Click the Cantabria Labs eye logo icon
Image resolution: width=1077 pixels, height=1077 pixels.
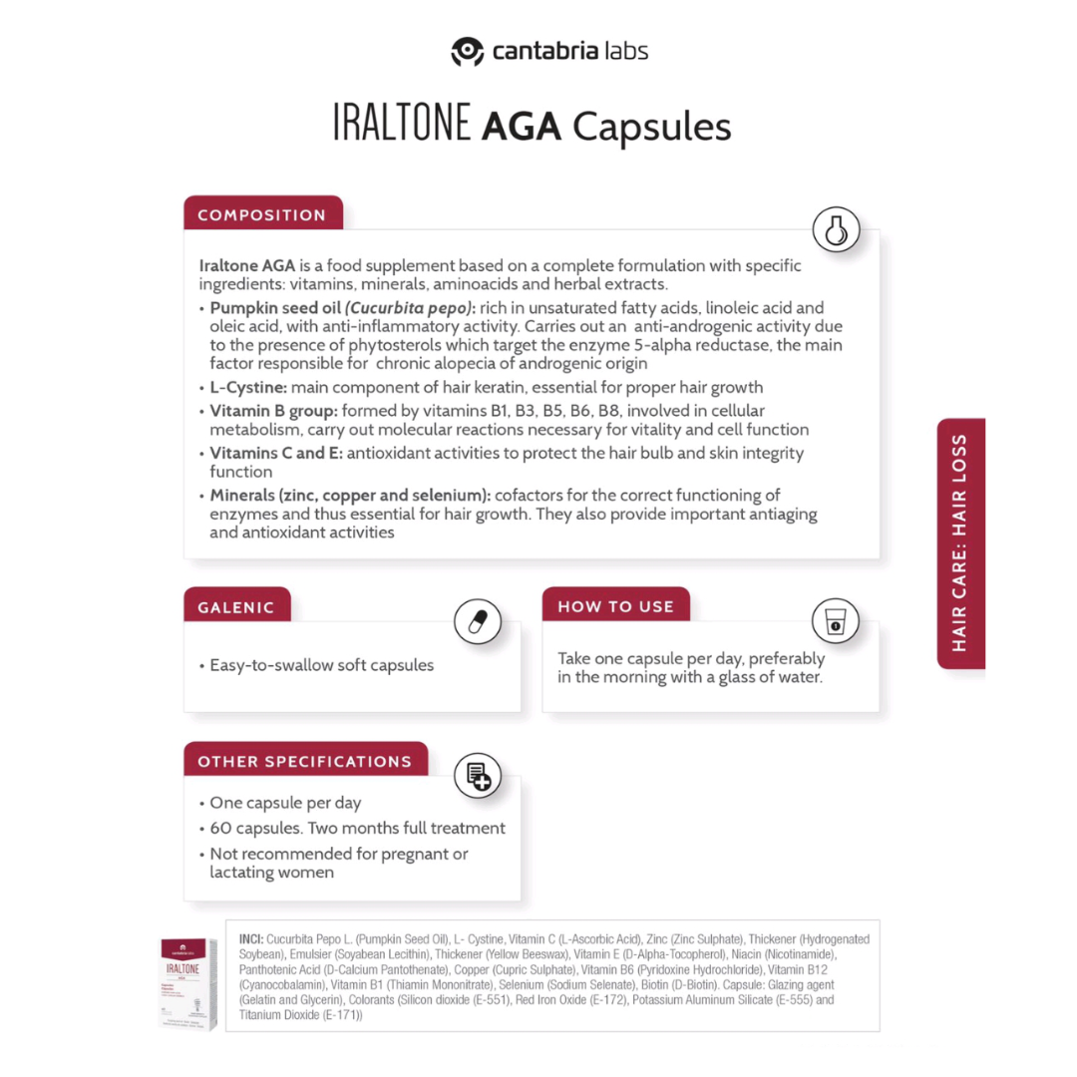467,51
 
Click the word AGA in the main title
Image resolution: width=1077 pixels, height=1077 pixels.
522,128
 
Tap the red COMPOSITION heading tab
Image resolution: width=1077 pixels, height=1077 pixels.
262,214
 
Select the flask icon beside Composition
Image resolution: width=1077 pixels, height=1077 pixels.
836,230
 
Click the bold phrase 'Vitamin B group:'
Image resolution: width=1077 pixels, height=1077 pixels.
273,411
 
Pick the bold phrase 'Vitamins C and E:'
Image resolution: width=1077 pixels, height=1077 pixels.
276,453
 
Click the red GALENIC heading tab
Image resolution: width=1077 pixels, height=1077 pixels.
236,606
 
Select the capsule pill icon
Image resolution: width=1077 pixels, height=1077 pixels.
477,622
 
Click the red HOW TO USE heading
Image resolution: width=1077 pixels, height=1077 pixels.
615,606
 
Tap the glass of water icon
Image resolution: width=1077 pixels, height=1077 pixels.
835,621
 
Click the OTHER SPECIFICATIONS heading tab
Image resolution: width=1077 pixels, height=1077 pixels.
304,761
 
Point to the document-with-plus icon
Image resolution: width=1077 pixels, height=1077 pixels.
477,777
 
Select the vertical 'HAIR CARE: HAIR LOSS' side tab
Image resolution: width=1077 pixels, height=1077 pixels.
960,542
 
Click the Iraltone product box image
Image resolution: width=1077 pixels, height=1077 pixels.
188,983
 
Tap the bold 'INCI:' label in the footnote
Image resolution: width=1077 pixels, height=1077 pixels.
251,939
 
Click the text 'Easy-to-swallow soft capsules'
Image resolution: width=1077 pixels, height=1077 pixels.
321,665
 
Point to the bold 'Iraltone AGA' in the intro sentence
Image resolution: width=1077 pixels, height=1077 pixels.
246,266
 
